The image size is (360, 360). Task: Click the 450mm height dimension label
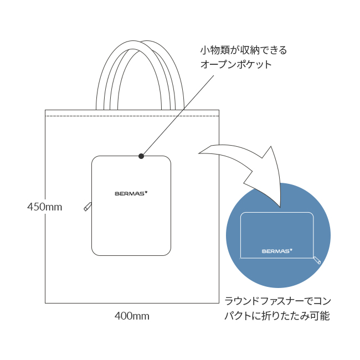(x=45, y=207)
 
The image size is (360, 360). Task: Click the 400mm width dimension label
(x=132, y=316)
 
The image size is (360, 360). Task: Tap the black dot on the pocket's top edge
(x=141, y=156)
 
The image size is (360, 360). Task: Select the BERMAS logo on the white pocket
(x=131, y=193)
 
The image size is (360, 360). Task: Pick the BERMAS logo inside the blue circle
(x=277, y=251)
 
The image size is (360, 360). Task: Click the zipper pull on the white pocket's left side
(x=88, y=207)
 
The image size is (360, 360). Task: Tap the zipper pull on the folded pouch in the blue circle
(x=317, y=260)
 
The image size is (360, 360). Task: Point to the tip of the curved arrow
(x=280, y=207)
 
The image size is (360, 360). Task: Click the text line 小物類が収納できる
(x=244, y=50)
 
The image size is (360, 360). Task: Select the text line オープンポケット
(x=236, y=64)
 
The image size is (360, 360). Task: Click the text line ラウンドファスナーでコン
(x=277, y=301)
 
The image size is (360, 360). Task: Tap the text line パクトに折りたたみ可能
(x=277, y=316)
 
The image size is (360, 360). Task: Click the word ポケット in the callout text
(x=254, y=64)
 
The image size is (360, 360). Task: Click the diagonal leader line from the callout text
(x=177, y=116)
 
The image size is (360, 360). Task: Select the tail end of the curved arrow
(x=199, y=153)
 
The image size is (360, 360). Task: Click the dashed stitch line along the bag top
(x=132, y=116)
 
